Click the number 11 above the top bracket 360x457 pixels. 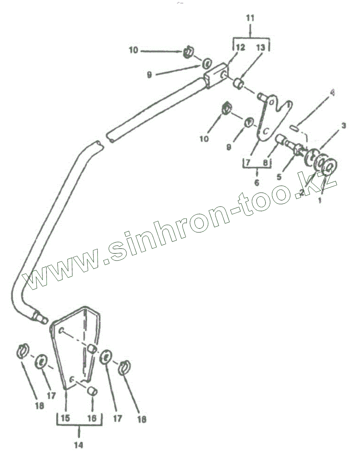(250, 18)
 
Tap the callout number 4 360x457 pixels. (332, 94)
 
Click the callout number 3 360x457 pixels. (344, 126)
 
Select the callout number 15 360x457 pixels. (65, 418)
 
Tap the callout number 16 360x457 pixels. (91, 418)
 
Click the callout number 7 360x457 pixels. (248, 163)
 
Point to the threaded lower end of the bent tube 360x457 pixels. (39, 317)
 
